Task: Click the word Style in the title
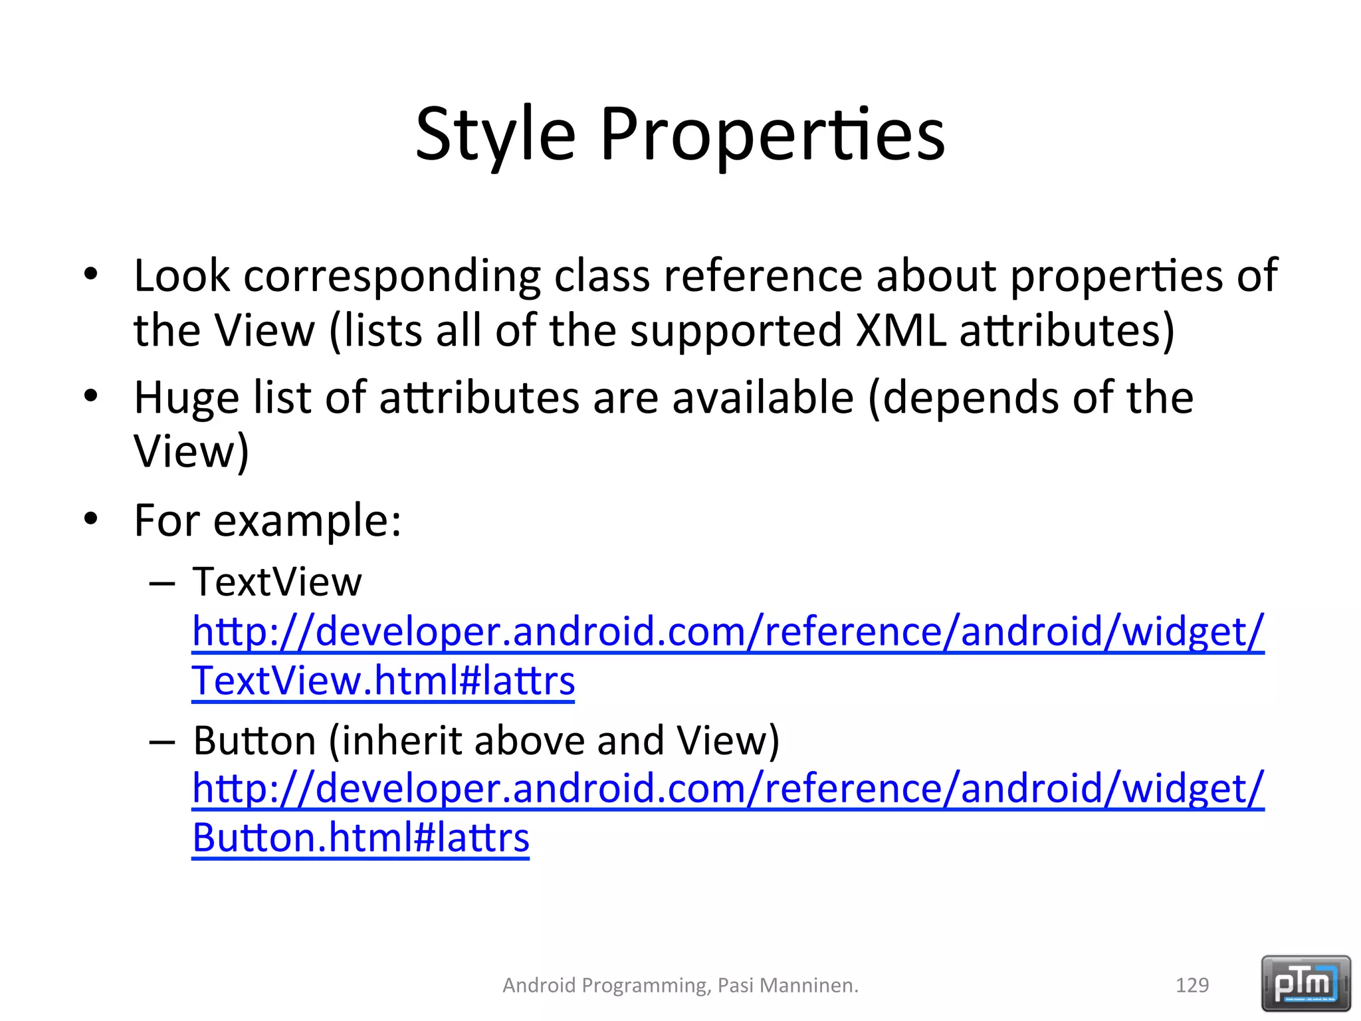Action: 495,135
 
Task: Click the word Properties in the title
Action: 772,135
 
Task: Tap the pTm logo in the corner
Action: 1306,983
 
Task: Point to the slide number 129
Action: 1192,985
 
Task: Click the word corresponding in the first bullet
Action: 392,276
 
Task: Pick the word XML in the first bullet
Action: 900,330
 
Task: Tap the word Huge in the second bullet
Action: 186,398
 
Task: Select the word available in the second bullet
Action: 762,398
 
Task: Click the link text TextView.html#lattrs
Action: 383,681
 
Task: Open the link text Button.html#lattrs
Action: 361,838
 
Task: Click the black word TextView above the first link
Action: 277,582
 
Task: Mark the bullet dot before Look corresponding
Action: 91,273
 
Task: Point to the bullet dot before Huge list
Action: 91,396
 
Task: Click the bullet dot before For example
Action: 91,518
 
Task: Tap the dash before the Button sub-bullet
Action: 162,741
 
